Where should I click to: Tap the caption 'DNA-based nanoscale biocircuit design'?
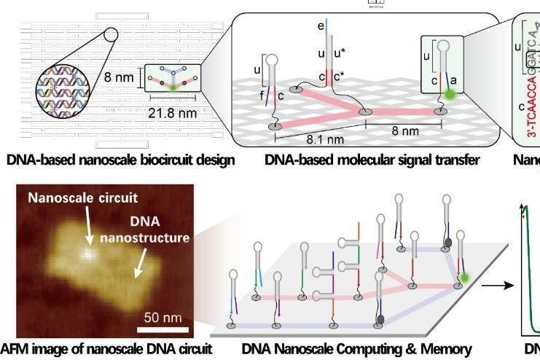pyautogui.click(x=120, y=160)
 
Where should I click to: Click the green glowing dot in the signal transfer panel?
pyautogui.click(x=450, y=93)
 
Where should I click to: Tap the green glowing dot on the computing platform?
pyautogui.click(x=463, y=278)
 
